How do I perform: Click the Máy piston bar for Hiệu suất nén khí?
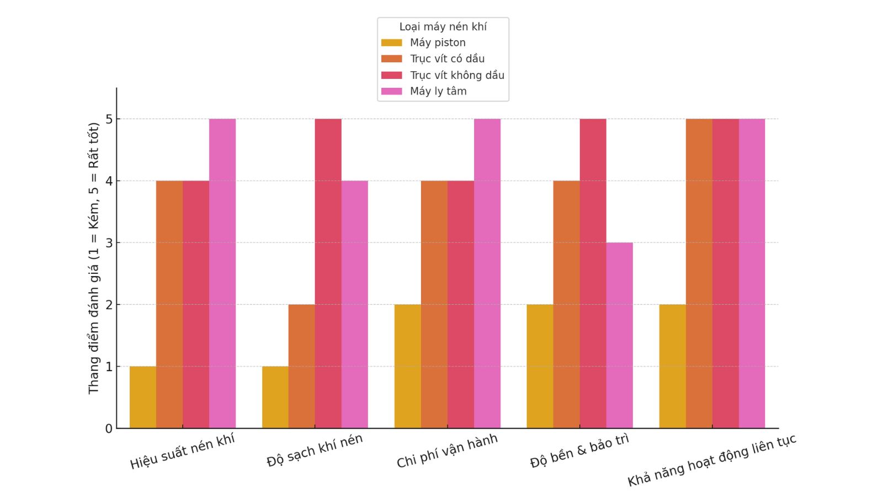[x=143, y=397]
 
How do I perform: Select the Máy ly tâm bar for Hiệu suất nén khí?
[x=222, y=273]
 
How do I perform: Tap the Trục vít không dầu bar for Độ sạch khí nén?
[x=328, y=273]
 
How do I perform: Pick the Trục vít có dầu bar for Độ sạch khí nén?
[x=302, y=366]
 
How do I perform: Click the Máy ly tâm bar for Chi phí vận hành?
[x=487, y=273]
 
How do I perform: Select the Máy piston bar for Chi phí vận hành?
[x=408, y=366]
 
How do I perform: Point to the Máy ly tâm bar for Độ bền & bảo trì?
[x=620, y=335]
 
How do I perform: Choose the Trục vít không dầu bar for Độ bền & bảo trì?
[x=593, y=273]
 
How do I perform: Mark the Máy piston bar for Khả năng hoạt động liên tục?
[x=673, y=366]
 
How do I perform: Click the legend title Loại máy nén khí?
[x=443, y=27]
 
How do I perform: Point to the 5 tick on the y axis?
[x=109, y=119]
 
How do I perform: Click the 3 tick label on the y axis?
[x=109, y=243]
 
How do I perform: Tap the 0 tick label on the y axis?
[x=109, y=429]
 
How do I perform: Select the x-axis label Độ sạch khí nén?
[x=315, y=450]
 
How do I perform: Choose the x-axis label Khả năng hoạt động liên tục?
[x=712, y=460]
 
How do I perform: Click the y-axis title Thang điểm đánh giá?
[x=94, y=258]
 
